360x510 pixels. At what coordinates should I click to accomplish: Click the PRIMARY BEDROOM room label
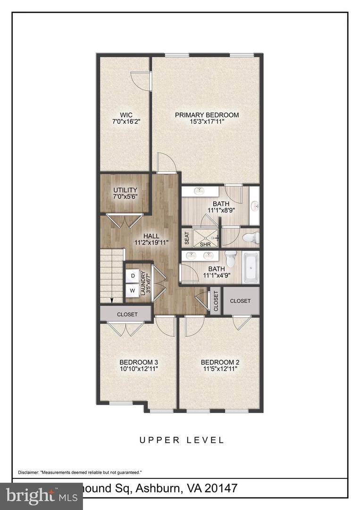[207, 115]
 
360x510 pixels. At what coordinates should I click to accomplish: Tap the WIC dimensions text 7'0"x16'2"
[126, 121]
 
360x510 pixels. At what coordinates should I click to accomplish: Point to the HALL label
[151, 236]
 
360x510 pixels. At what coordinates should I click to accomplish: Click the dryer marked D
[133, 275]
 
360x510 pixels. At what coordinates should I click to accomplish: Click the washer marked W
[133, 290]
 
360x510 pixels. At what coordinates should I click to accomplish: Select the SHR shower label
[205, 245]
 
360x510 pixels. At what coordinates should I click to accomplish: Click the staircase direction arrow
[111, 299]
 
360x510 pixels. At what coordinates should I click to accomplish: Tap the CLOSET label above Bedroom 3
[127, 314]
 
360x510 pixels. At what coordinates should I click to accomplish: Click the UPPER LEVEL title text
[181, 440]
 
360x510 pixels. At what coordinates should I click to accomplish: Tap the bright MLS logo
[35, 496]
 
